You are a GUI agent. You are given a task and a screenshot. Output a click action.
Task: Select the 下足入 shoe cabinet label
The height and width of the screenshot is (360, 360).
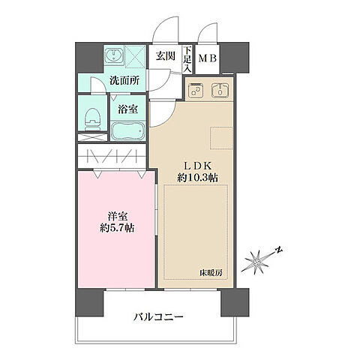click(187, 58)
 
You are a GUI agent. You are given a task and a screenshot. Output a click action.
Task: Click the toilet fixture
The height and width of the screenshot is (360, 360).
click(93, 117)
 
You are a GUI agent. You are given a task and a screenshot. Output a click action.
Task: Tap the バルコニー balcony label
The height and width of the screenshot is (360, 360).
click(160, 316)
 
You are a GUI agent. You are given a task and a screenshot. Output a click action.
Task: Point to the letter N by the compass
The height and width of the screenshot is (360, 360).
click(277, 250)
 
